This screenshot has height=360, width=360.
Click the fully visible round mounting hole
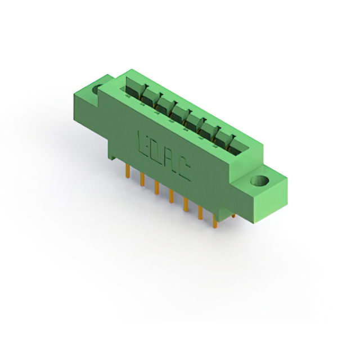click(260, 181)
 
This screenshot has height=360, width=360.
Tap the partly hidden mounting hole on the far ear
click(96, 89)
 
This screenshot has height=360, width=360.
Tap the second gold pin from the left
click(142, 179)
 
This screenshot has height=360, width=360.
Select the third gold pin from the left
click(157, 187)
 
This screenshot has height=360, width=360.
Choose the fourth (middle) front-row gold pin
click(171, 196)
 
